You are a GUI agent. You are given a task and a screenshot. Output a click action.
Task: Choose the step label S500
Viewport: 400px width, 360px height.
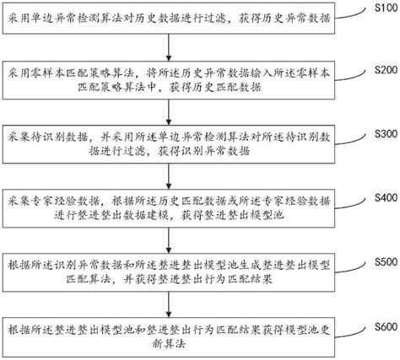[x=382, y=261]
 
